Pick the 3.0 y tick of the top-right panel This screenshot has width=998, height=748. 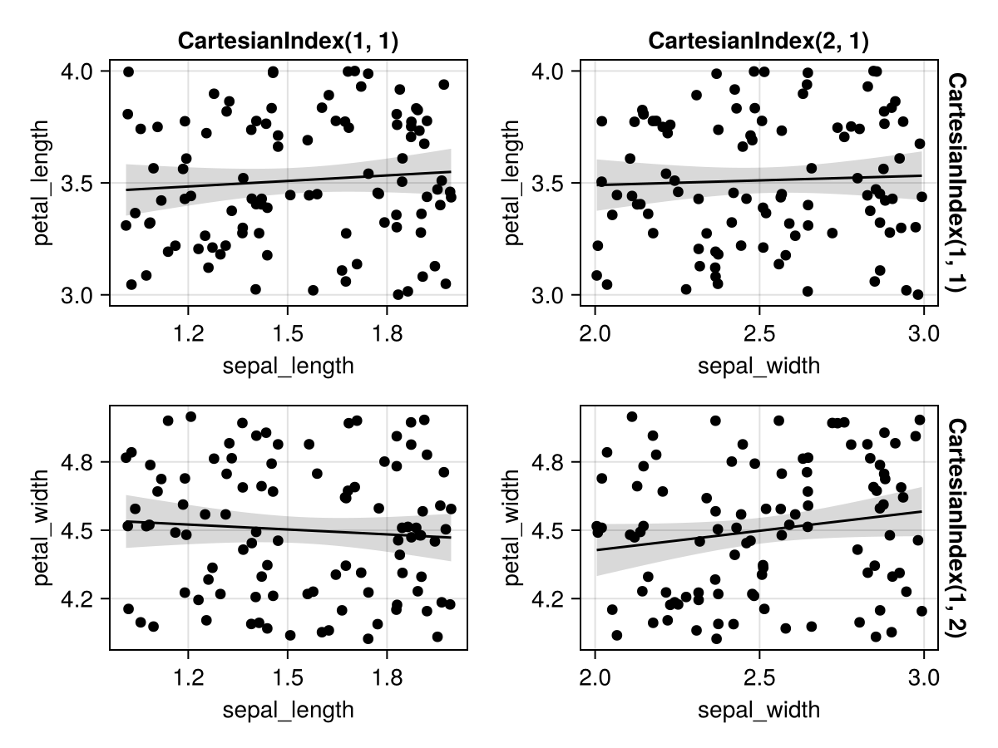point(550,295)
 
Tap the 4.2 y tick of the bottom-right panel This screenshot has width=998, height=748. point(550,598)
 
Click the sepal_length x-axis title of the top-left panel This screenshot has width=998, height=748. point(288,367)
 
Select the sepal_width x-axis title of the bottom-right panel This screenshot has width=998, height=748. point(758,710)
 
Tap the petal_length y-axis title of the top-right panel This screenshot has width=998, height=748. point(513,183)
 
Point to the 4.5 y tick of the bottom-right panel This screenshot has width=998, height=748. point(550,530)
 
